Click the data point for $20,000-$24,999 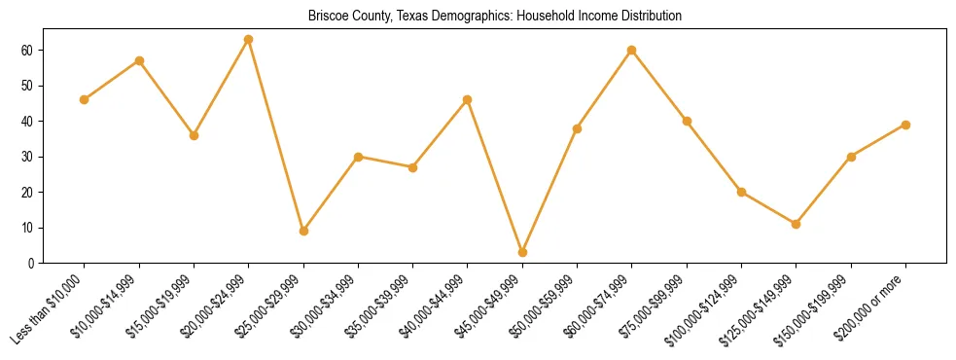coord(249,39)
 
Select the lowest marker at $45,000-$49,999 coord(522,252)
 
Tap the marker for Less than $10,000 coord(85,99)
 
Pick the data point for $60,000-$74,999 coord(632,50)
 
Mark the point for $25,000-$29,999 coord(303,231)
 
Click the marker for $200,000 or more coord(905,125)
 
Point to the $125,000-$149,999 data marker coord(797,224)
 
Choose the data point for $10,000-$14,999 coord(139,60)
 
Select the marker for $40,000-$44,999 coord(468,99)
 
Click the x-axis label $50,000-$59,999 coord(551,305)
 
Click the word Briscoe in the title coord(328,17)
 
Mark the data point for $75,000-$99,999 coord(687,121)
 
